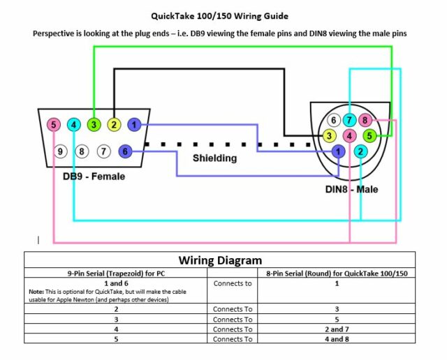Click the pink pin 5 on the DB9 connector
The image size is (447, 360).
[x=54, y=126]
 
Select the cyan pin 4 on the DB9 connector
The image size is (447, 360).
[x=74, y=126]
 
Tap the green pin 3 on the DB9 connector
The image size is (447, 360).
[x=94, y=126]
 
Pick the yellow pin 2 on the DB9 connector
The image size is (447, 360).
[x=114, y=126]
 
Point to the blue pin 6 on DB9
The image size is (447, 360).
[x=125, y=151]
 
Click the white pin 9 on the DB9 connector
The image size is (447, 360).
[x=61, y=151]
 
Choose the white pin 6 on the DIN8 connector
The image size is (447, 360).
[x=336, y=121]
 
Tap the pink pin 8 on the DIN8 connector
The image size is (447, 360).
[x=364, y=121]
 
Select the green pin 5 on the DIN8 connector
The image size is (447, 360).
[x=370, y=135]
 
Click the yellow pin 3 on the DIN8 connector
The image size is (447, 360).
[x=329, y=135]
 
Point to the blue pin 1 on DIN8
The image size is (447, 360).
[x=339, y=151]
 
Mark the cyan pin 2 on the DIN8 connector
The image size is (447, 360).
[x=360, y=151]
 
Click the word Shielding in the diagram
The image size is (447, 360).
[x=214, y=158]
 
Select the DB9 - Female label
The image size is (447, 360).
[x=94, y=177]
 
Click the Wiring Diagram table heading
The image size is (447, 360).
[x=221, y=260]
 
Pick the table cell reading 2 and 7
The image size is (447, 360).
[x=337, y=329]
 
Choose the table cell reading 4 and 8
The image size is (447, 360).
[x=337, y=338]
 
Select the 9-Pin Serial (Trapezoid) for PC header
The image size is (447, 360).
[x=116, y=273]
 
